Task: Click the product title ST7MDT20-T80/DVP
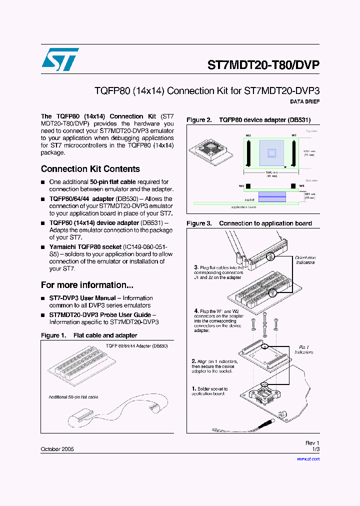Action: pyautogui.click(x=263, y=65)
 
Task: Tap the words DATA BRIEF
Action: pyautogui.click(x=304, y=101)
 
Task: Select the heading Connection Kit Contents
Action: pyautogui.click(x=90, y=169)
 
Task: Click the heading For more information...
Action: pyautogui.click(x=87, y=285)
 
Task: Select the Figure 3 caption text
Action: pyautogui.click(x=249, y=223)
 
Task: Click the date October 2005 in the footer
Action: pyautogui.click(x=57, y=449)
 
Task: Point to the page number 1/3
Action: pyautogui.click(x=315, y=449)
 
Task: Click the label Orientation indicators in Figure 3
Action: pyautogui.click(x=305, y=260)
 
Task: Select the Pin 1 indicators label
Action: pyautogui.click(x=304, y=349)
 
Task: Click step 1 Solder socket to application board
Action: pyautogui.click(x=210, y=391)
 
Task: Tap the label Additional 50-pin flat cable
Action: pyautogui.click(x=73, y=397)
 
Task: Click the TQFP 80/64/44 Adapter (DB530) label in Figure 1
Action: pyautogui.click(x=136, y=345)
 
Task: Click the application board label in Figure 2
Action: pyautogui.click(x=243, y=206)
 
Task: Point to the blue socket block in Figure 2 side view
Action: pyautogui.click(x=271, y=196)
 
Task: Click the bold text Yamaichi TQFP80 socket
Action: pyautogui.click(x=85, y=247)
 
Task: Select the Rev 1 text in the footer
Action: pyautogui.click(x=312, y=443)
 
